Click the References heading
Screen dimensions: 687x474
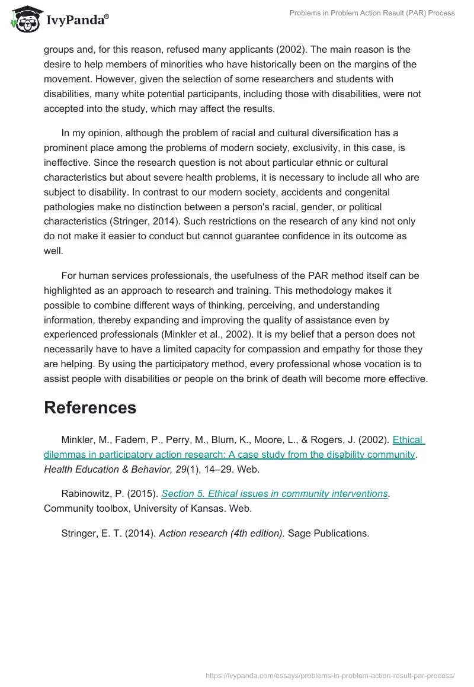point(90,407)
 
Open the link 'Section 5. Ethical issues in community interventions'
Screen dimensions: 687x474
point(274,493)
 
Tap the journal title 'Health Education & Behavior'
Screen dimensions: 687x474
point(105,469)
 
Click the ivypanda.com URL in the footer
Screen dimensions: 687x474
point(330,675)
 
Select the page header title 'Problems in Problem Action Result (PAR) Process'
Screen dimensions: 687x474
point(372,13)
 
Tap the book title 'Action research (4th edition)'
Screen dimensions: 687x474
point(222,533)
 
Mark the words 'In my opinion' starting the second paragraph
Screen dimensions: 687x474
point(91,133)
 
